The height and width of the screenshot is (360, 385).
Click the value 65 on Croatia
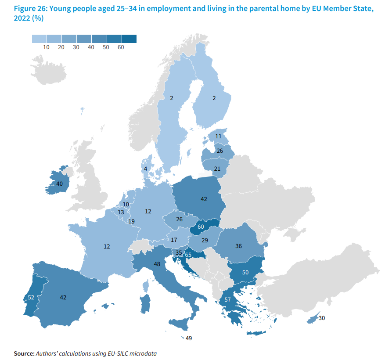click(x=188, y=255)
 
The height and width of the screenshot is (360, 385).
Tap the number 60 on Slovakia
click(x=201, y=227)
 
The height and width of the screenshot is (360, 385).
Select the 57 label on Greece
click(x=227, y=299)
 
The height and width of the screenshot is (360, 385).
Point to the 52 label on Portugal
click(x=31, y=297)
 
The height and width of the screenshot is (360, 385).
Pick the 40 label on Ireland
click(x=60, y=184)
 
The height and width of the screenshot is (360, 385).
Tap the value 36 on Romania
click(x=238, y=246)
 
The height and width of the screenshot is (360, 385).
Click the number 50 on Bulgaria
click(x=245, y=272)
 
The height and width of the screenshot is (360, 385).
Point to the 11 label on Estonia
click(x=218, y=136)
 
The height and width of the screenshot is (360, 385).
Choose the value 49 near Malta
click(x=189, y=338)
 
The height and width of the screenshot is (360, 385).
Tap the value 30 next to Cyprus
click(x=321, y=318)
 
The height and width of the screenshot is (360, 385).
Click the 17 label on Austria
click(x=174, y=240)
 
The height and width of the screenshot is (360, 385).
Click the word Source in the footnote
click(x=24, y=353)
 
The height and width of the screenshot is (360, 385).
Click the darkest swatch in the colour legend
click(x=129, y=39)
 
